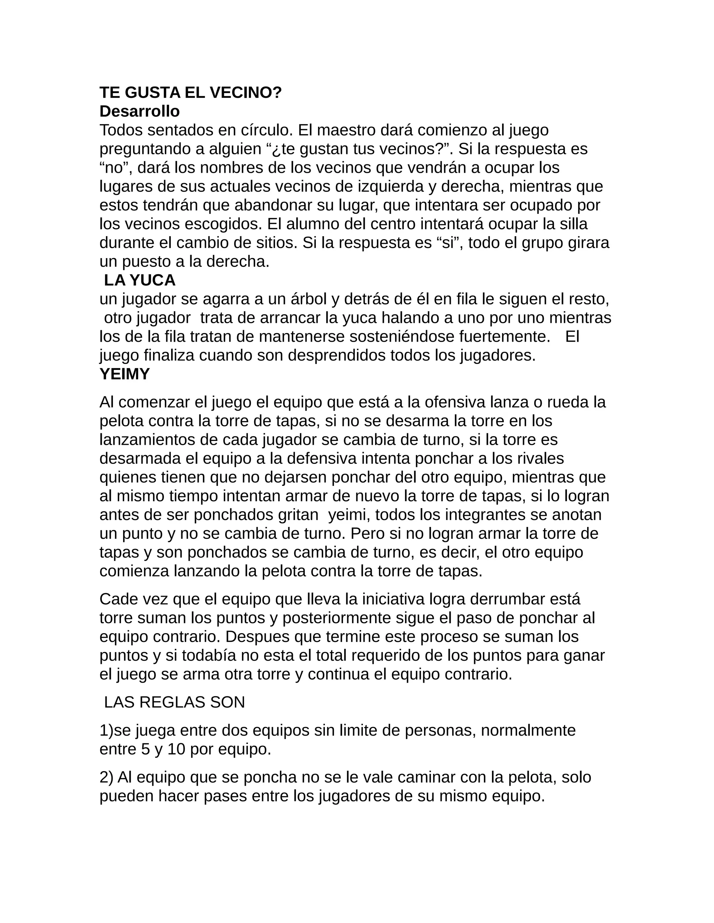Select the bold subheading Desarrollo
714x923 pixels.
(x=139, y=111)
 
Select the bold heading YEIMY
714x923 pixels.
(x=125, y=374)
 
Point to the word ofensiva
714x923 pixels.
(x=455, y=402)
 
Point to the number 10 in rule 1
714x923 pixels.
(x=177, y=749)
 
